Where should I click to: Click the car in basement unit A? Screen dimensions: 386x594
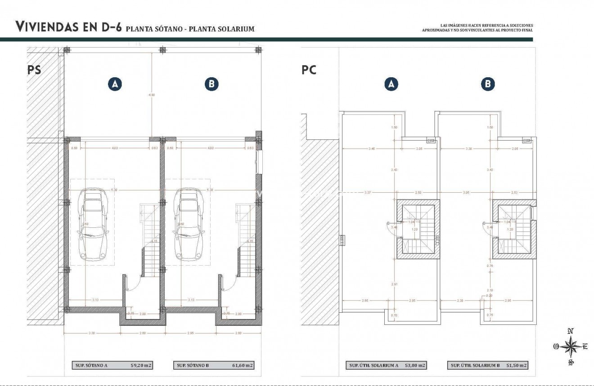tap(93, 224)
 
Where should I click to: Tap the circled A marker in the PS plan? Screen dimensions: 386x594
tap(115, 84)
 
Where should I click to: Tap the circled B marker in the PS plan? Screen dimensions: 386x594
tap(211, 84)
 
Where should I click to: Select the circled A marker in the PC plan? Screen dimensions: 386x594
tap(391, 84)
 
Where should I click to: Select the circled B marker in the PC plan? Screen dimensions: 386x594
tap(487, 84)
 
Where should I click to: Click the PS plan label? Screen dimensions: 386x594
tap(34, 70)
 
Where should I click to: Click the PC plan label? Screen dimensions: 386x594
tap(309, 70)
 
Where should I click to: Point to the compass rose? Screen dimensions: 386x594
tap(570, 346)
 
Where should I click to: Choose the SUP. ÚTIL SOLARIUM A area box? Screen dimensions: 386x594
tap(386, 365)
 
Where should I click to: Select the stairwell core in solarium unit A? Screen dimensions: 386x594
tap(418, 230)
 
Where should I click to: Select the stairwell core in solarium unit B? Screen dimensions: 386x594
tap(514, 230)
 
